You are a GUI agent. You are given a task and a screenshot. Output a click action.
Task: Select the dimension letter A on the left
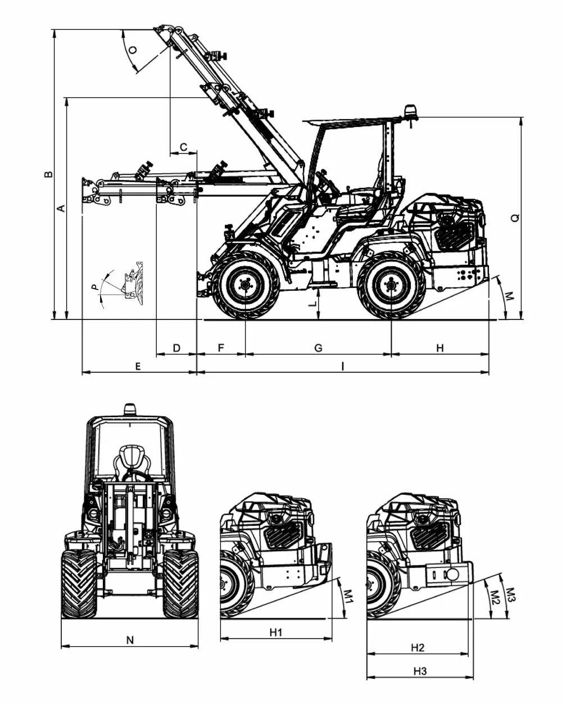tap(61, 208)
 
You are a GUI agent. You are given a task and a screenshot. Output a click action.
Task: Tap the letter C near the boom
tap(184, 147)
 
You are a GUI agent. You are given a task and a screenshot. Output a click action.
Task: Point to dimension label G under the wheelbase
tap(319, 348)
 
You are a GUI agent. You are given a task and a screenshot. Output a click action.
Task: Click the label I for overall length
tap(343, 367)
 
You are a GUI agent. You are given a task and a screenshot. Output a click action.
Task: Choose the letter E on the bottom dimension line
tap(138, 367)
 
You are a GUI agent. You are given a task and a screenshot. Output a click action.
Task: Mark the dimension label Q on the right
tap(515, 218)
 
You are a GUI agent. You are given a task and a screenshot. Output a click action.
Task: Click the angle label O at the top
tap(133, 50)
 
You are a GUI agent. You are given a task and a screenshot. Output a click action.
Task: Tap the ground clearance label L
tap(313, 304)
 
